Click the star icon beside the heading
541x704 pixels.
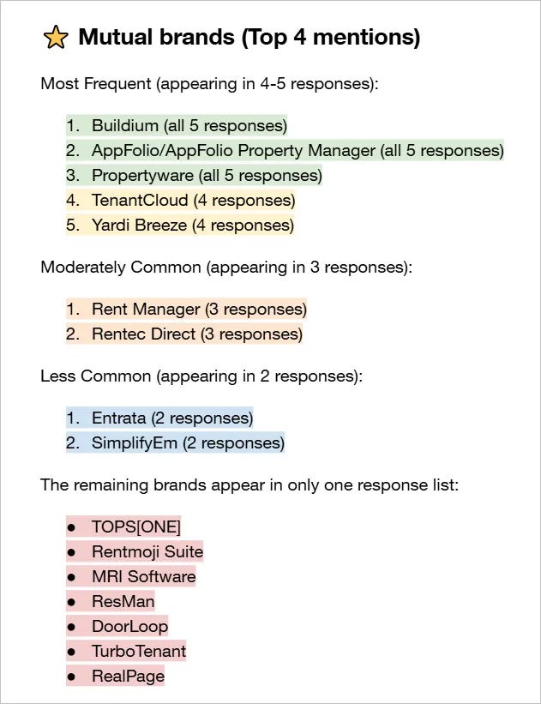[55, 37]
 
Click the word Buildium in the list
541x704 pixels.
[124, 125]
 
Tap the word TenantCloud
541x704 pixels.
[139, 201]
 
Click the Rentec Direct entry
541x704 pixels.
[143, 334]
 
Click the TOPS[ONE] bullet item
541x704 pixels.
[135, 526]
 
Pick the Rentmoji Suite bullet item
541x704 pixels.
[147, 551]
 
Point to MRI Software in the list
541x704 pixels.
[143, 576]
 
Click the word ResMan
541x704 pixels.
[123, 601]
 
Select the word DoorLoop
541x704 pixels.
[129, 626]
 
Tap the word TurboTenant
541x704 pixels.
[138, 651]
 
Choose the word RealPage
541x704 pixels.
[128, 676]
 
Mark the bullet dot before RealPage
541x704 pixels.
[72, 677]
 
